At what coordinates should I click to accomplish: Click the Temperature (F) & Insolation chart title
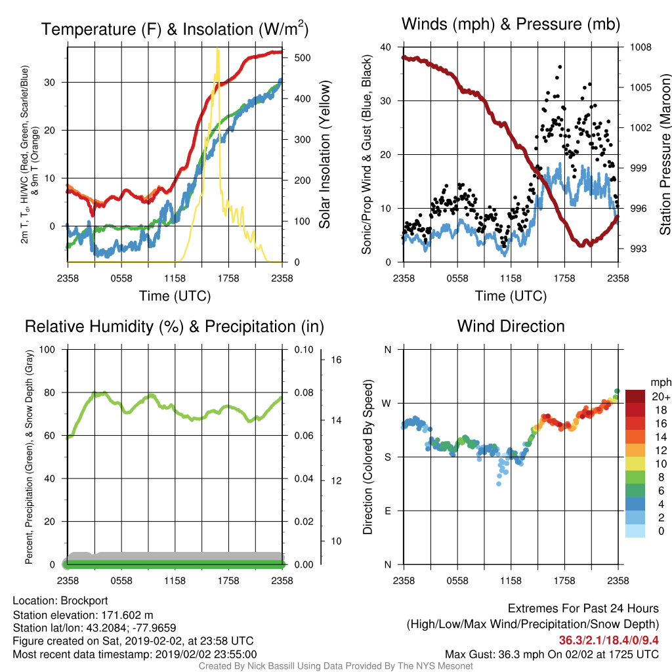coord(175,29)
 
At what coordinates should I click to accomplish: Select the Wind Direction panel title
coord(511,326)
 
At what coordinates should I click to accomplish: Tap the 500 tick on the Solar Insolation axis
coord(302,58)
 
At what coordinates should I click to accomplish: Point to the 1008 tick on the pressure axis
coord(640,47)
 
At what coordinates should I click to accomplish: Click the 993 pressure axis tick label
coord(638,249)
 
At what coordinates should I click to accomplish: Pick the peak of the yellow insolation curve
coord(218,50)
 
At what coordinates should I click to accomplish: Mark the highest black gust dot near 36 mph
coord(560,67)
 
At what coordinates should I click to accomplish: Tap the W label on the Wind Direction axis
coord(387,404)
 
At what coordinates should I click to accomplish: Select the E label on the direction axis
coord(388,511)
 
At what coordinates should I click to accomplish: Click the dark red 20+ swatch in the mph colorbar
coord(635,396)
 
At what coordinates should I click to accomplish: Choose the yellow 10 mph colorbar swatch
coord(635,464)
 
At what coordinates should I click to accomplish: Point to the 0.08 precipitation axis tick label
coord(304,392)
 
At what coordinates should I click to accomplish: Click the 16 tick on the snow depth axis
coord(337,360)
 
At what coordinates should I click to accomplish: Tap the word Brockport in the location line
coord(84,601)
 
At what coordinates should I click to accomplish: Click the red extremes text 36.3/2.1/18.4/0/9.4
coord(608,640)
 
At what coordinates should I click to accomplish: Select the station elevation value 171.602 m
coord(127,616)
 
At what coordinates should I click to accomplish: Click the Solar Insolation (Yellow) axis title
coord(324,154)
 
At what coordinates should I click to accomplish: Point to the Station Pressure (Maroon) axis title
coord(665,154)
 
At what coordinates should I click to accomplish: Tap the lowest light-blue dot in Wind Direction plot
coord(499,484)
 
